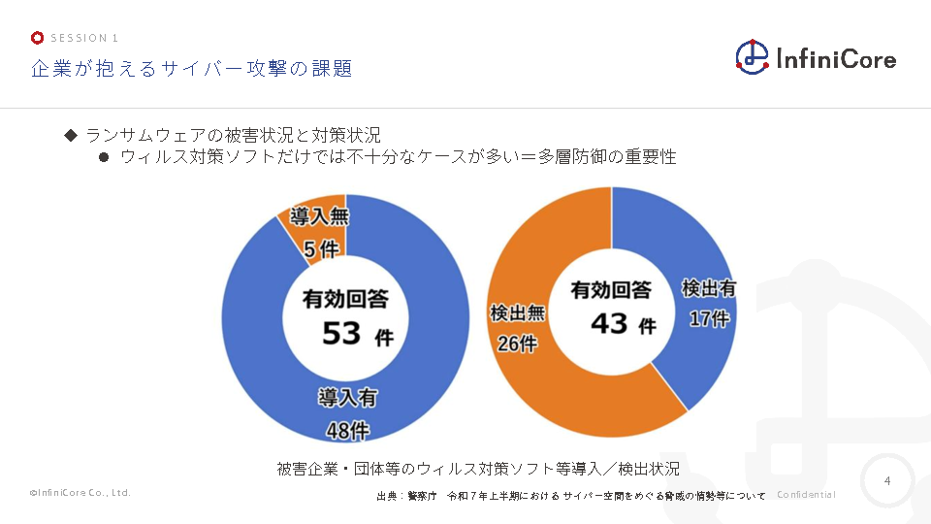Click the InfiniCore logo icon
click(x=753, y=57)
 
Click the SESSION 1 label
click(x=84, y=38)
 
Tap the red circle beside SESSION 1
click(x=37, y=38)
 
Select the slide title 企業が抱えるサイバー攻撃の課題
click(x=191, y=69)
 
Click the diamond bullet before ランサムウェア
click(x=70, y=134)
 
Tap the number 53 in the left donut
click(x=341, y=335)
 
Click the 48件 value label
click(x=346, y=429)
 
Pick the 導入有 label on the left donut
click(x=347, y=398)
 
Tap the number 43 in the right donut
click(x=609, y=323)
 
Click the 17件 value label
click(x=709, y=317)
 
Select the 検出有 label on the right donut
click(x=709, y=288)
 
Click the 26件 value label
click(x=517, y=343)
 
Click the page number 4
click(x=887, y=480)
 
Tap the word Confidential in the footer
click(x=806, y=495)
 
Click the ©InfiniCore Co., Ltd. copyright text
click(x=80, y=493)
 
